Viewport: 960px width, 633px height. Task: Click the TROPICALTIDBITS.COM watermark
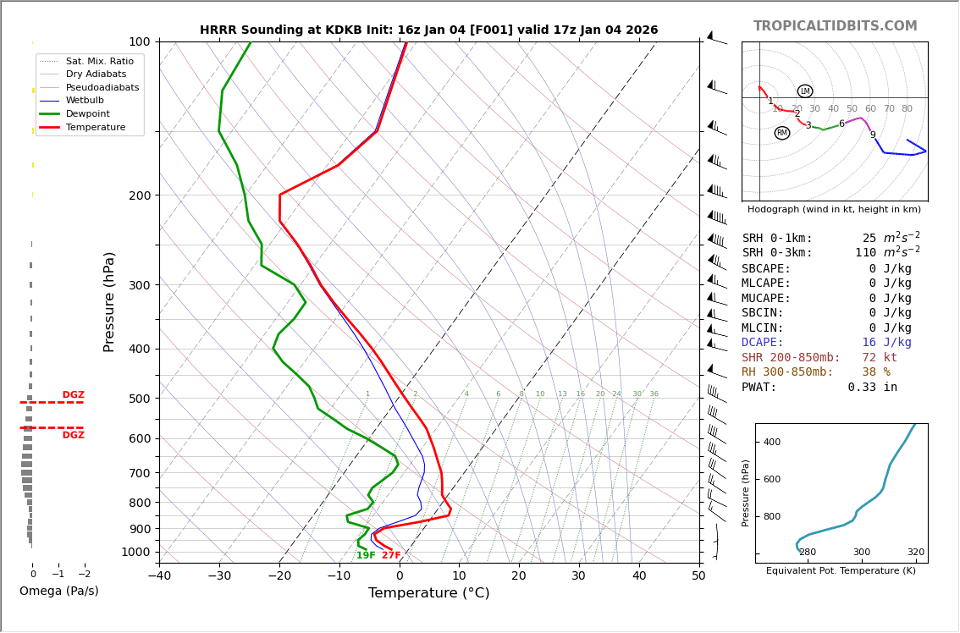(835, 26)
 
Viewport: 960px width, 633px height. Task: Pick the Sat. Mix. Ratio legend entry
(99, 62)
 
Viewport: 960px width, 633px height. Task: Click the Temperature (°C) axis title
(428, 593)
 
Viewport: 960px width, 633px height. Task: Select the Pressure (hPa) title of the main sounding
(109, 301)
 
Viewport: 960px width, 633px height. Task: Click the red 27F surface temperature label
(391, 556)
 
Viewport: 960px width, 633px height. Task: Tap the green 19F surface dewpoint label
(366, 556)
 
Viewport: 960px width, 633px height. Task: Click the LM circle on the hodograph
(804, 91)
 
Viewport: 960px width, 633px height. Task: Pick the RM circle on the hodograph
(781, 133)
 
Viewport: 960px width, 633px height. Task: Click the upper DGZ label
(74, 395)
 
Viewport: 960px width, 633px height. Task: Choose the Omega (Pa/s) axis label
(59, 592)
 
